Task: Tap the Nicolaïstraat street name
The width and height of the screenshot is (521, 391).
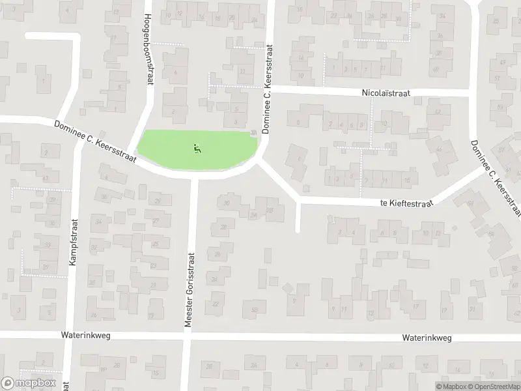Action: [386, 94]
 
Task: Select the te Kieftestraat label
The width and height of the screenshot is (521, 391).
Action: [407, 203]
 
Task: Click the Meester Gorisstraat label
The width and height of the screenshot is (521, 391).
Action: [190, 285]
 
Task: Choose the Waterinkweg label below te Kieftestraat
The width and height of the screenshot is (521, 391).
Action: [427, 338]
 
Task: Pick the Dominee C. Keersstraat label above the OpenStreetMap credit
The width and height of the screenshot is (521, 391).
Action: [496, 178]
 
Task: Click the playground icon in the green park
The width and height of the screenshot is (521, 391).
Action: [197, 149]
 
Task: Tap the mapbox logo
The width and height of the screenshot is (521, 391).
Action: [28, 383]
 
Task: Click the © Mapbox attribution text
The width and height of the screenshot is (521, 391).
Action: [451, 386]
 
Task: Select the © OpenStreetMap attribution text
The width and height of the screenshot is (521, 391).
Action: [494, 386]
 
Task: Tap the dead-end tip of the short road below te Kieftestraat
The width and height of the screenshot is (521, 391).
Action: [298, 229]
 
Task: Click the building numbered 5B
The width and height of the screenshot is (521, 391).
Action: [255, 310]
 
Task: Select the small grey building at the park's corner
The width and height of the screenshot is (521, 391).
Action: [253, 134]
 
